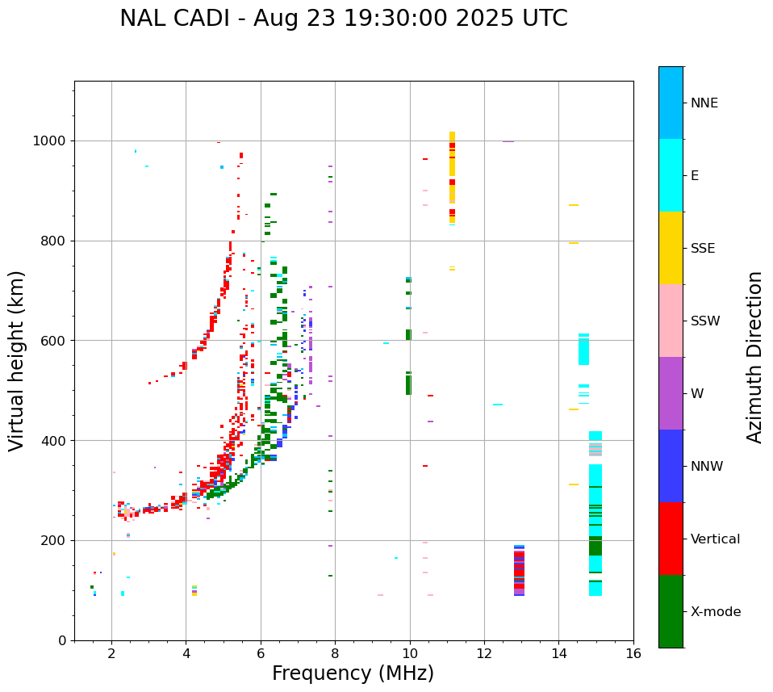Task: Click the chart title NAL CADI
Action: point(343,19)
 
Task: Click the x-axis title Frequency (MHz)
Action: point(353,673)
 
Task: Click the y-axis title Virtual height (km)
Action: point(17,361)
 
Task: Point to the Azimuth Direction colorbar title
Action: point(754,357)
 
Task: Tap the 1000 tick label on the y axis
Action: point(50,141)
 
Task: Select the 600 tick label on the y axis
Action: point(53,341)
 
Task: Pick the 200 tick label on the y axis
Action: point(53,540)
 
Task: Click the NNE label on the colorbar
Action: point(704,103)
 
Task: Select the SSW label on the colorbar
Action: point(705,321)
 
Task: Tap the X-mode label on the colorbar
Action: point(715,612)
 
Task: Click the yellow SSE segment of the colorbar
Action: point(671,248)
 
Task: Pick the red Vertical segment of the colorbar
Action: point(671,539)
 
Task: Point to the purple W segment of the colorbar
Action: point(671,393)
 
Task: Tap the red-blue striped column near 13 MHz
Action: point(519,570)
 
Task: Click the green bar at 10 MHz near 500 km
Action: point(408,384)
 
